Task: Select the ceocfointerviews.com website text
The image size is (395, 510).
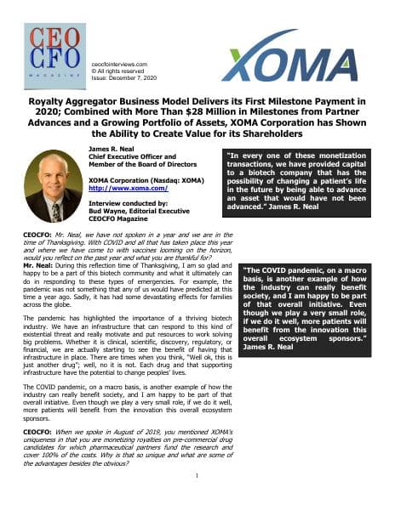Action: pos(118,62)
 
